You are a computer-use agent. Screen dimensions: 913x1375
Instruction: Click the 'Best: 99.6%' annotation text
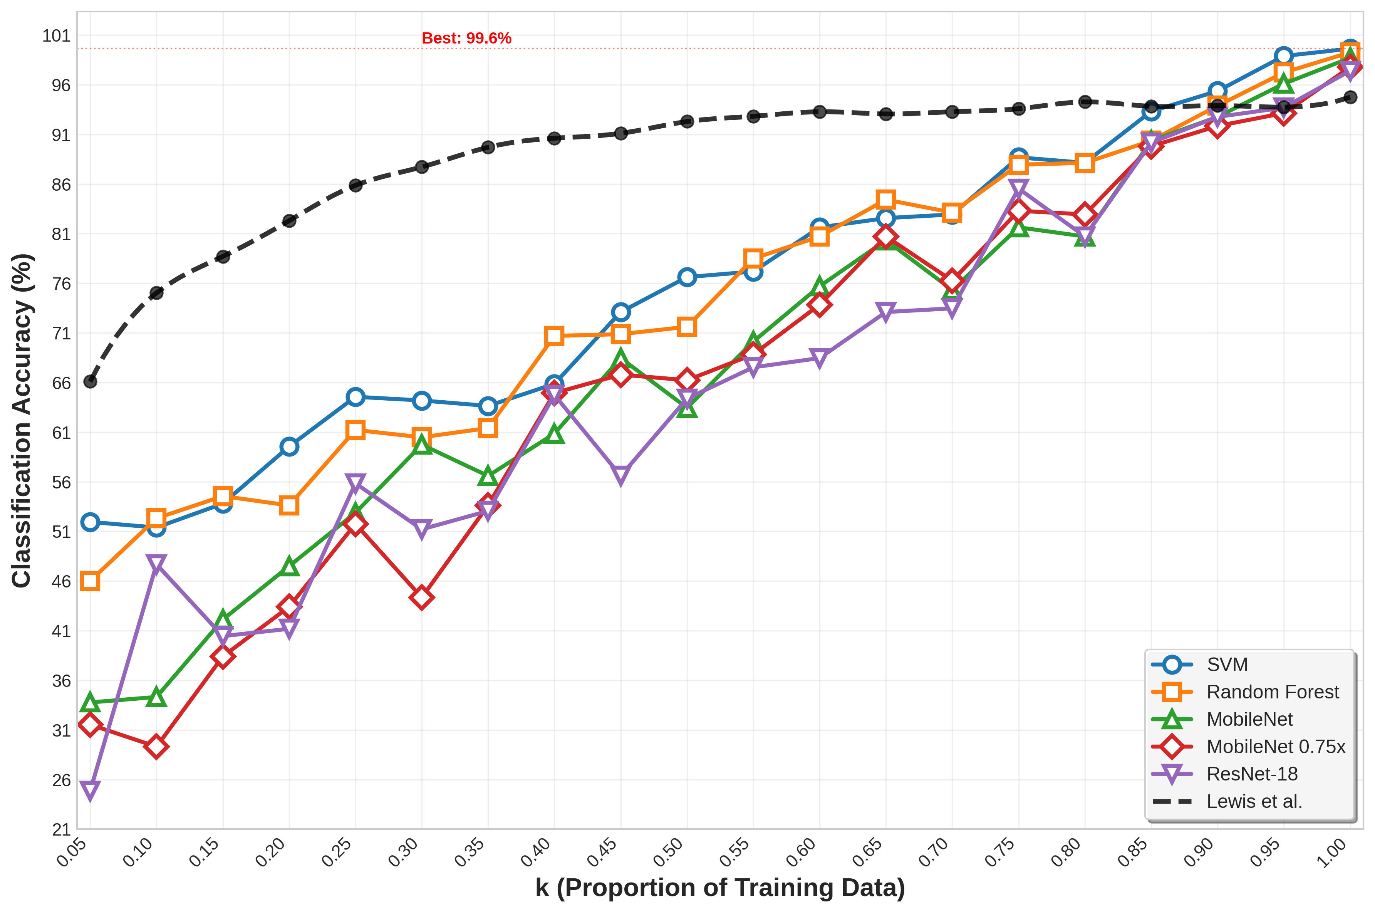point(466,39)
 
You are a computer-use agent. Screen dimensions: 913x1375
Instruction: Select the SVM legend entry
point(1227,665)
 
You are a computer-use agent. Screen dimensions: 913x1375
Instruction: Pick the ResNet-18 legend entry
point(1252,774)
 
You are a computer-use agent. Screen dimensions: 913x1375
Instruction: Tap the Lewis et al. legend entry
point(1254,801)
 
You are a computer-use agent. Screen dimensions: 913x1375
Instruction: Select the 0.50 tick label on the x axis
point(671,853)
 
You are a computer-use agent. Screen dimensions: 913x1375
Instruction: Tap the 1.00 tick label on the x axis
point(1334,853)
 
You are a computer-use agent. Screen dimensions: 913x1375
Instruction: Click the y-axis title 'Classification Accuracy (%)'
point(22,420)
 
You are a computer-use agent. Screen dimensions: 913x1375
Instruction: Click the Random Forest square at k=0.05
point(90,581)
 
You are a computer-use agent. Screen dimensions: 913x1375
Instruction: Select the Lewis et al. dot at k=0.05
point(90,381)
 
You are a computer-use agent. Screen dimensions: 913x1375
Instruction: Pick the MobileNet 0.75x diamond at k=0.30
point(421,597)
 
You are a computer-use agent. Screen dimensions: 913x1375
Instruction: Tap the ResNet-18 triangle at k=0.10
point(156,563)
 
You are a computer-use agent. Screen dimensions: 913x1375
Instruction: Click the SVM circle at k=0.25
point(355,397)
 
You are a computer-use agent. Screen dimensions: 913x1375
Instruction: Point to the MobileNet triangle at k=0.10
point(156,696)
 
